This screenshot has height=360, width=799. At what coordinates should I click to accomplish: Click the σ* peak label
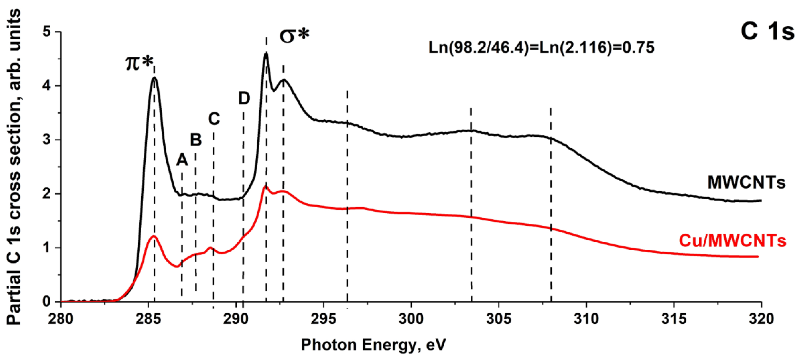[294, 36]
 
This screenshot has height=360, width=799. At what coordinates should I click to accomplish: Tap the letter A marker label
[182, 160]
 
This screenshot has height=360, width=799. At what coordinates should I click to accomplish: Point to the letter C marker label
[214, 118]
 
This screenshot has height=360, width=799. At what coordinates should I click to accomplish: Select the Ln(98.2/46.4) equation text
[541, 48]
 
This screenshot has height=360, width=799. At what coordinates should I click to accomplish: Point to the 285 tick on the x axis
[149, 319]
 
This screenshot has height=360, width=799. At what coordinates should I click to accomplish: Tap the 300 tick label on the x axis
[411, 319]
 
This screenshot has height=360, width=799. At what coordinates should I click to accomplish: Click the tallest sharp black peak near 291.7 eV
[266, 54]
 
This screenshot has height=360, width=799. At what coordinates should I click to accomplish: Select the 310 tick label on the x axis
[586, 319]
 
